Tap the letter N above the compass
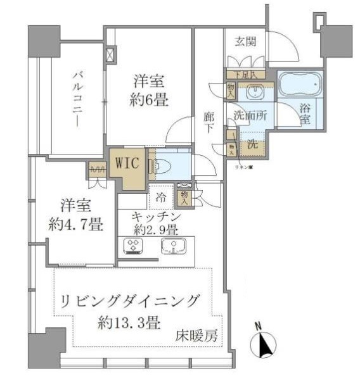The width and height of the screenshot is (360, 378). (259, 326)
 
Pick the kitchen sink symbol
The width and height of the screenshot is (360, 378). (172, 246)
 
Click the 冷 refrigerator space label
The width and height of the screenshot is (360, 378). (161, 198)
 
